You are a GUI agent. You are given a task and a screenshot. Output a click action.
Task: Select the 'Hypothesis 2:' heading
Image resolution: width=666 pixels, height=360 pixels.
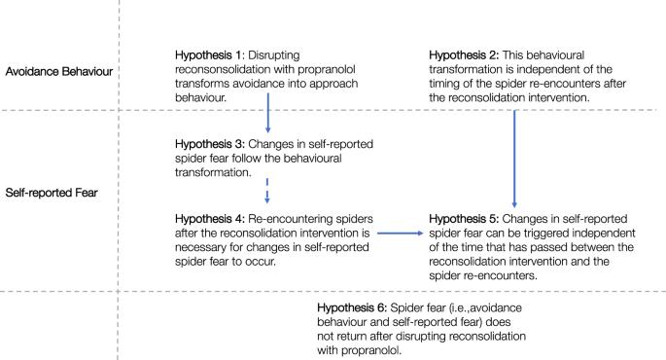tap(464, 55)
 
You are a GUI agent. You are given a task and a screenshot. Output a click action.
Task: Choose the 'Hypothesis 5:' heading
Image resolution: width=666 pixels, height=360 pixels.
tap(464, 219)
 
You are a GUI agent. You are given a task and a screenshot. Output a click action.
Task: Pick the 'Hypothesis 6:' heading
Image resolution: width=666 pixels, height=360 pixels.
tap(352, 308)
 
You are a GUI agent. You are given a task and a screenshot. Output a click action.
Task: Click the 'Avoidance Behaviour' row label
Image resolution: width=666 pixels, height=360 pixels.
tap(59, 71)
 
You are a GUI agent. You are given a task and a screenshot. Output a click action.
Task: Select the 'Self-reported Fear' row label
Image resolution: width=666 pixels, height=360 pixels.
tap(52, 193)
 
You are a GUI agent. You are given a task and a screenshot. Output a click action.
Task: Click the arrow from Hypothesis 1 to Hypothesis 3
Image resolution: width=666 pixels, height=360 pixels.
tap(268, 113)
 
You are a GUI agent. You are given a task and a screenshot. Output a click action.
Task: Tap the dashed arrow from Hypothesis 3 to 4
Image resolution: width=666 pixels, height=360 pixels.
tap(267, 191)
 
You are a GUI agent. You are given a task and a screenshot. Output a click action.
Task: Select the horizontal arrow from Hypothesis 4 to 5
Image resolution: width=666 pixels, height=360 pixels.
tap(401, 234)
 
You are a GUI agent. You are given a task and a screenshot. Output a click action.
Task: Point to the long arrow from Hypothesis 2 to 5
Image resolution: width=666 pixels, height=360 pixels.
tap(514, 159)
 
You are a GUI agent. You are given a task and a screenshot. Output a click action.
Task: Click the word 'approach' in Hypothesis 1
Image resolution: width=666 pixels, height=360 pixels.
tap(333, 84)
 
